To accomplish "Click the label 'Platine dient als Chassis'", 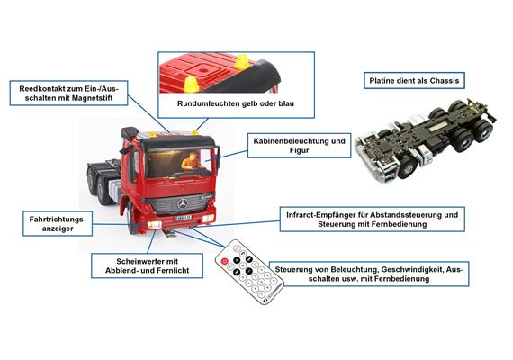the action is pos(414,80).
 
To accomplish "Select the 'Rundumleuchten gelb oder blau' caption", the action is pos(236,103).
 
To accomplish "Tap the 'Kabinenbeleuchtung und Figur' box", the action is pos(299,146).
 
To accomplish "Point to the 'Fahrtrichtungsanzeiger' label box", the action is pos(58,223).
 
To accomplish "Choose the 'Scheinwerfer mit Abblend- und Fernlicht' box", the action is pos(147,265).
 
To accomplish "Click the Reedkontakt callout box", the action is pos(68,94).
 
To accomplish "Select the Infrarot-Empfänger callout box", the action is pos(373,220).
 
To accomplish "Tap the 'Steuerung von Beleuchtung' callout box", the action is pos(369,274).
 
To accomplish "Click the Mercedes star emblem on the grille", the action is pos(183,204).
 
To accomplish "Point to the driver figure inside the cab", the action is pos(192,162).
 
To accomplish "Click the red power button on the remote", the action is pos(224,261).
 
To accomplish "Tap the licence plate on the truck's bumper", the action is pos(184,218).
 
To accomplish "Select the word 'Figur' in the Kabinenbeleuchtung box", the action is pos(299,150).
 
